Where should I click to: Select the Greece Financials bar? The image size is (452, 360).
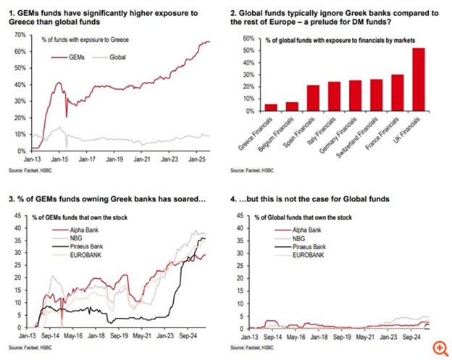click(271, 108)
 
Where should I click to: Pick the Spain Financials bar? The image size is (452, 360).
click(313, 99)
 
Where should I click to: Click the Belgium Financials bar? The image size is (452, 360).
click(292, 106)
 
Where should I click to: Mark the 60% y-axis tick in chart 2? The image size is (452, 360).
click(247, 38)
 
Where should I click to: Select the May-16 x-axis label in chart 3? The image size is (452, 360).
click(75, 337)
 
